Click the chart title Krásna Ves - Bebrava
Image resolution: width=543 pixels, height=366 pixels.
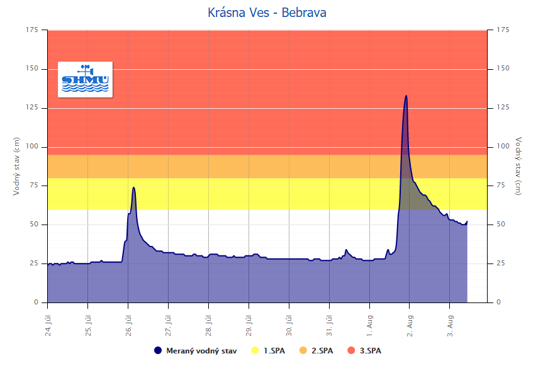[267, 13]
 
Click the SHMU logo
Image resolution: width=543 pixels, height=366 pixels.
[85, 79]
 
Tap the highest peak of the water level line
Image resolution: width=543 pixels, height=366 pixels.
[406, 96]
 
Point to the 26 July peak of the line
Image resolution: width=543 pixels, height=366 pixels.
[133, 187]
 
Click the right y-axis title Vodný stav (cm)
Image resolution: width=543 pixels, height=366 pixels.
[518, 166]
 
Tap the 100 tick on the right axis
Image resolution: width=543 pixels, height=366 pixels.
[503, 147]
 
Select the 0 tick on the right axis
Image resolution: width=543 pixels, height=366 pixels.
[498, 302]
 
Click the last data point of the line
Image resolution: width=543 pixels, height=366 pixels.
[467, 221]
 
